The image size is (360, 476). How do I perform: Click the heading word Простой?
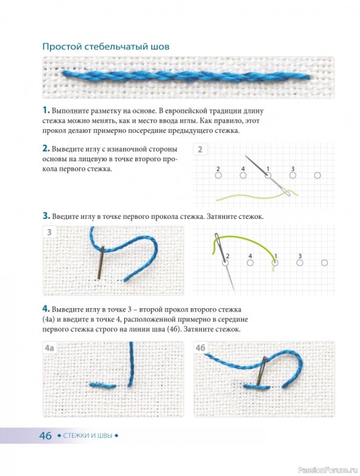(62, 47)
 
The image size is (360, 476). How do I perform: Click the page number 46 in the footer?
(46, 436)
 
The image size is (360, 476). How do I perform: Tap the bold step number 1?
(46, 110)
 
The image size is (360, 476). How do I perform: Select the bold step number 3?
(46, 216)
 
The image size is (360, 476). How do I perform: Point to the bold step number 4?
(46, 309)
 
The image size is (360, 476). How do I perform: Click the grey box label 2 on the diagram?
(200, 149)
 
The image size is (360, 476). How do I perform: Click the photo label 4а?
(49, 348)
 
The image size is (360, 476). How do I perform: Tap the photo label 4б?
(201, 348)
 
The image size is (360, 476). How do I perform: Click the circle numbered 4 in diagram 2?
(243, 175)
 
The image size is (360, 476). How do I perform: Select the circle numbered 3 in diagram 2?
(293, 175)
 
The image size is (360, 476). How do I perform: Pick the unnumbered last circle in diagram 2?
(317, 175)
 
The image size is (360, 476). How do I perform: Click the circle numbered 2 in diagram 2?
(218, 175)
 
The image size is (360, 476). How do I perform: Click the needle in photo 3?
(101, 262)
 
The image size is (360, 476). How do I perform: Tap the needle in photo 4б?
(261, 371)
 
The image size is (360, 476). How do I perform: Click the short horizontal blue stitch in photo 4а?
(103, 386)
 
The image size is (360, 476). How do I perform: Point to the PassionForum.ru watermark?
(328, 469)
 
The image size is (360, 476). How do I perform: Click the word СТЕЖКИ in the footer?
(77, 436)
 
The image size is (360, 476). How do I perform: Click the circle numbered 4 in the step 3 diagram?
(250, 262)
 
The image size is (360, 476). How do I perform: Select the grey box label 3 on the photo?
(49, 233)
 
